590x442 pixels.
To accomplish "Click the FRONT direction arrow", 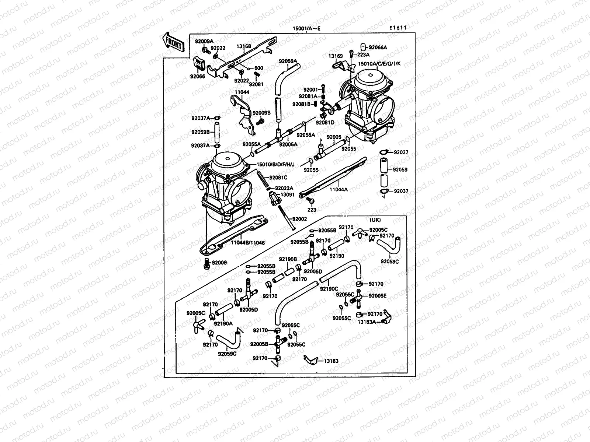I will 173,42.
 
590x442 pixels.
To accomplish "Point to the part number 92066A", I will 378,48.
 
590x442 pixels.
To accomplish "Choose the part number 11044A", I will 339,190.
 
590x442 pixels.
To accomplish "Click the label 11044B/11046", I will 248,243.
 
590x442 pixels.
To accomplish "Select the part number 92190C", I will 329,289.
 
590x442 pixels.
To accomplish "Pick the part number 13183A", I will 367,322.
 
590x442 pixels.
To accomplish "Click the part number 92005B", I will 259,344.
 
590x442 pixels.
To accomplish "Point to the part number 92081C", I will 278,178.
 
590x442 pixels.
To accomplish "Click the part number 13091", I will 288,194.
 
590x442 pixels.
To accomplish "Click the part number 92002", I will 299,219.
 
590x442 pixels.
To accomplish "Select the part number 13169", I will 336,56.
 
